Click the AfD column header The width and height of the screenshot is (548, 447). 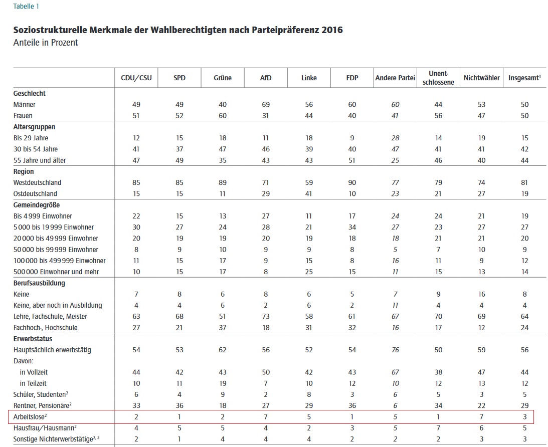click(266, 78)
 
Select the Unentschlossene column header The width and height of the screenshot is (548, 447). click(438, 78)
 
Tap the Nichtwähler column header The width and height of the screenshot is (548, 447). click(482, 78)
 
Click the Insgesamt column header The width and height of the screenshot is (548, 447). click(524, 78)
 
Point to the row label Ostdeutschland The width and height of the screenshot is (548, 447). click(35, 193)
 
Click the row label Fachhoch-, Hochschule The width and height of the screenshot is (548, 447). click(46, 328)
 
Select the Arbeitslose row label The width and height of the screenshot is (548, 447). click(30, 416)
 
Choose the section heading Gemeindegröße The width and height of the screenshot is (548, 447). click(36, 205)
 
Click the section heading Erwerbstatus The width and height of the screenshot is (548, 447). click(33, 339)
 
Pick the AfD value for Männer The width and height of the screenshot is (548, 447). click(266, 104)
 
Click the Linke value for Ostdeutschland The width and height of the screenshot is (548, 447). click(309, 193)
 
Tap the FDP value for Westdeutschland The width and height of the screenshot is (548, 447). click(352, 182)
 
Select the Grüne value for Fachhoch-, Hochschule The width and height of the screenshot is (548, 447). click(223, 328)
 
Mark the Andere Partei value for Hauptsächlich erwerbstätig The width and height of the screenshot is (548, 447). click(395, 350)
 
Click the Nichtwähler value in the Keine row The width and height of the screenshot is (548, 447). click(482, 294)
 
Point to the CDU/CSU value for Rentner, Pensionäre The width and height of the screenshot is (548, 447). click(136, 405)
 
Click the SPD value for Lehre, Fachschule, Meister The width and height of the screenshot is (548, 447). click(179, 316)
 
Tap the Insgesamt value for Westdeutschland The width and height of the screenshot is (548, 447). click(524, 182)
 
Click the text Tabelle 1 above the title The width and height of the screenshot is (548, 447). click(26, 7)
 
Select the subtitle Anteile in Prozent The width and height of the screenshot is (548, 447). click(46, 43)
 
